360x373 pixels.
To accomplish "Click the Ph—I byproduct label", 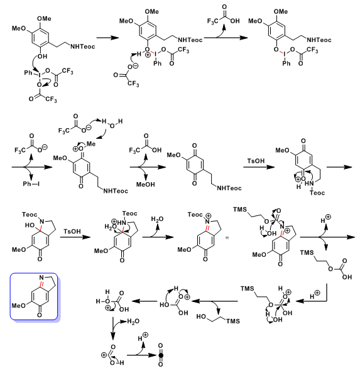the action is (31, 183).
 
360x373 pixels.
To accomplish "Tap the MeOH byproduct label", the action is (145, 185).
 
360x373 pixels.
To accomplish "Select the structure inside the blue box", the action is (34, 296).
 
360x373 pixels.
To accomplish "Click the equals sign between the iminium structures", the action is (227, 237).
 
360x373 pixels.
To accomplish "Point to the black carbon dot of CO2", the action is (161, 355).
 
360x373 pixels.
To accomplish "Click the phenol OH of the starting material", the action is (42, 57).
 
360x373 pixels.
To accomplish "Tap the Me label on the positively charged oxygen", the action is (90, 144).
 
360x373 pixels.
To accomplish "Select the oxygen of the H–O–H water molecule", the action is (112, 126).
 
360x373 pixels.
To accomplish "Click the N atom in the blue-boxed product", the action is (41, 278).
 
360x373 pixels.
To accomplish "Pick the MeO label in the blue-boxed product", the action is (19, 305).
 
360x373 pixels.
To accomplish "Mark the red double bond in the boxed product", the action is (41, 284).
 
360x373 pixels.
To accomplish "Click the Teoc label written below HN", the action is (317, 193).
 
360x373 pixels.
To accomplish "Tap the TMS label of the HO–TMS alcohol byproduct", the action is (233, 321).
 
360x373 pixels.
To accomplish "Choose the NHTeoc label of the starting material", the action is (82, 46).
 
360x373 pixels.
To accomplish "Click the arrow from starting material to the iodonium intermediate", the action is (108, 38).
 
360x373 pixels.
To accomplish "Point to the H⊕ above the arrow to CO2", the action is (143, 338).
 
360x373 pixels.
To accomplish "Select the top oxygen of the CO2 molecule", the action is (161, 345).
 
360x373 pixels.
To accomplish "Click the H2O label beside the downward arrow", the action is (133, 322).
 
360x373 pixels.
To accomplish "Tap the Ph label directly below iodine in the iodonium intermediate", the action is (157, 63).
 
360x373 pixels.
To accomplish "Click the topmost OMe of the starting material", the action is (44, 19).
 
